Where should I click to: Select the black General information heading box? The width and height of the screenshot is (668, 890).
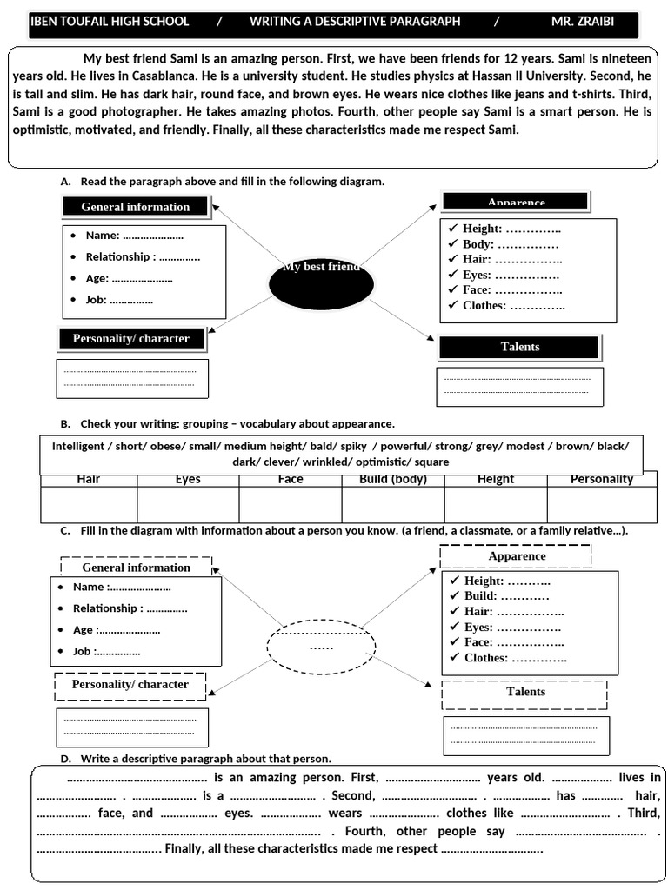tap(136, 207)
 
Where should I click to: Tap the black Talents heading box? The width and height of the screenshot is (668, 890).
tap(519, 347)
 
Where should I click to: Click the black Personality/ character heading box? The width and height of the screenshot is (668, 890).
tap(131, 338)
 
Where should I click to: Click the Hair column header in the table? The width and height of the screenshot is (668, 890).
tap(89, 480)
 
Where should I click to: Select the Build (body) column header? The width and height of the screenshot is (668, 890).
tap(393, 480)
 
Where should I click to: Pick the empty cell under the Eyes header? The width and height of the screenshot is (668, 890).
tap(188, 504)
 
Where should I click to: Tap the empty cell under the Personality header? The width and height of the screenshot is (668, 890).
tap(601, 504)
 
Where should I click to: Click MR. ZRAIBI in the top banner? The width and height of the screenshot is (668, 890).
tap(582, 22)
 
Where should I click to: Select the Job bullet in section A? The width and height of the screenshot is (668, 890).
tap(119, 300)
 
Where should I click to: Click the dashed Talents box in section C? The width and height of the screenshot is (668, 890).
tap(524, 693)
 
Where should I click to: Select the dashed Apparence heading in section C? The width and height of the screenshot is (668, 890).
tap(516, 556)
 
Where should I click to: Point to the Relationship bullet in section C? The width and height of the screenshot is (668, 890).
tap(130, 608)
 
